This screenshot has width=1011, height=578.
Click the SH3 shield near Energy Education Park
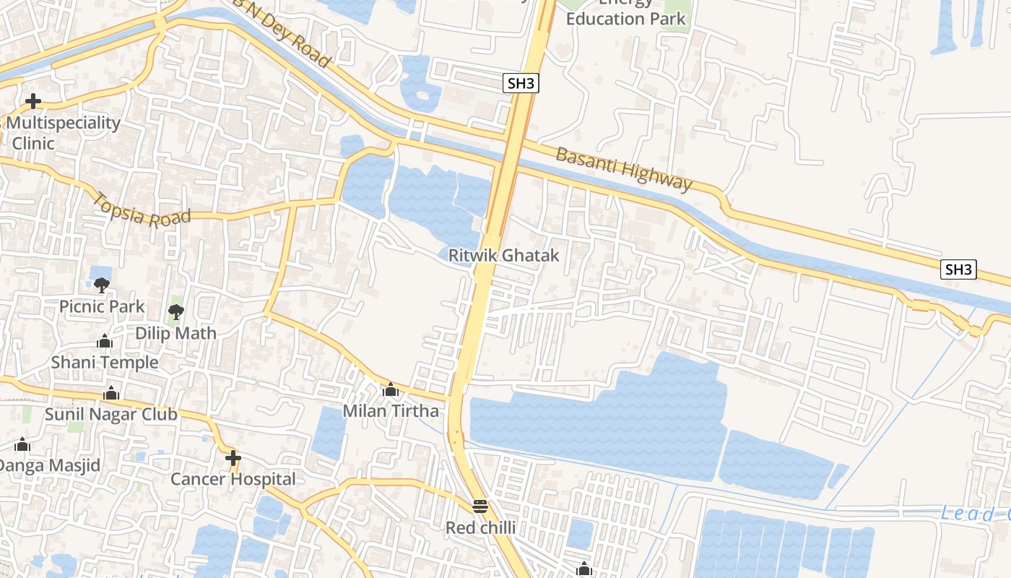click(x=521, y=83)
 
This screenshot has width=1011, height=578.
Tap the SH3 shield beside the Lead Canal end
click(x=958, y=269)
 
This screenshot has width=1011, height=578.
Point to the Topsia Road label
click(x=142, y=210)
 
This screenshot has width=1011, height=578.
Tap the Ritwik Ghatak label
click(x=503, y=255)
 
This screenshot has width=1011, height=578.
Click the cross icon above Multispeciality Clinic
click(x=32, y=101)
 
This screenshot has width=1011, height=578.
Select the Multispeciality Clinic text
click(x=62, y=133)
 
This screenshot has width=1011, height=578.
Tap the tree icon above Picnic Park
click(x=102, y=285)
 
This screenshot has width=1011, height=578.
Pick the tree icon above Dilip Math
click(x=175, y=312)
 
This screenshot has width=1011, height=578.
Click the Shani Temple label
click(x=104, y=362)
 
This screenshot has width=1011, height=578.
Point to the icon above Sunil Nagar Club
click(x=111, y=394)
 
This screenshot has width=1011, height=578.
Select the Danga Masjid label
click(x=49, y=465)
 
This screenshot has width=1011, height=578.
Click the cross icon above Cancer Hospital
click(x=233, y=457)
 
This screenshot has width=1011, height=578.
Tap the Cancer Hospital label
click(x=233, y=479)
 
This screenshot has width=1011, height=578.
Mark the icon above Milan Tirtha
click(x=391, y=390)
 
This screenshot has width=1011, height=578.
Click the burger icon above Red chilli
click(x=480, y=506)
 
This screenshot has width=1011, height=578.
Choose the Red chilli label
click(x=480, y=528)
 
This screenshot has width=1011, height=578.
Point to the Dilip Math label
click(x=175, y=333)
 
